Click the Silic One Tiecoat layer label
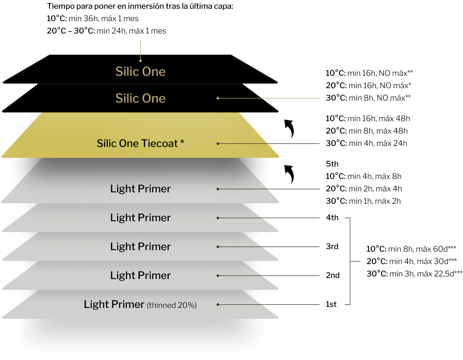(141, 143)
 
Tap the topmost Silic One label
(141, 72)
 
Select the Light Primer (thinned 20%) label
(140, 304)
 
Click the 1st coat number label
(331, 304)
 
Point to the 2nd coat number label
(333, 275)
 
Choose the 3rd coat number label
(332, 247)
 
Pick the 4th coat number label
(332, 218)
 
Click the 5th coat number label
(332, 164)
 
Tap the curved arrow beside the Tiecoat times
(290, 128)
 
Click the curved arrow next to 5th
(290, 174)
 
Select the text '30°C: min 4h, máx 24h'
(367, 143)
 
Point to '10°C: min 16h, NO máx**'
(369, 73)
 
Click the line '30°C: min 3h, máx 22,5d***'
(415, 274)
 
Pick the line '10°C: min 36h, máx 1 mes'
(93, 19)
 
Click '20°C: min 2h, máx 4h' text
(364, 189)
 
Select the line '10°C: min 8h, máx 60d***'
(411, 249)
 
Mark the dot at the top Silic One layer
(141, 60)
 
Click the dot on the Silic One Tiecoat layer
(218, 143)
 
